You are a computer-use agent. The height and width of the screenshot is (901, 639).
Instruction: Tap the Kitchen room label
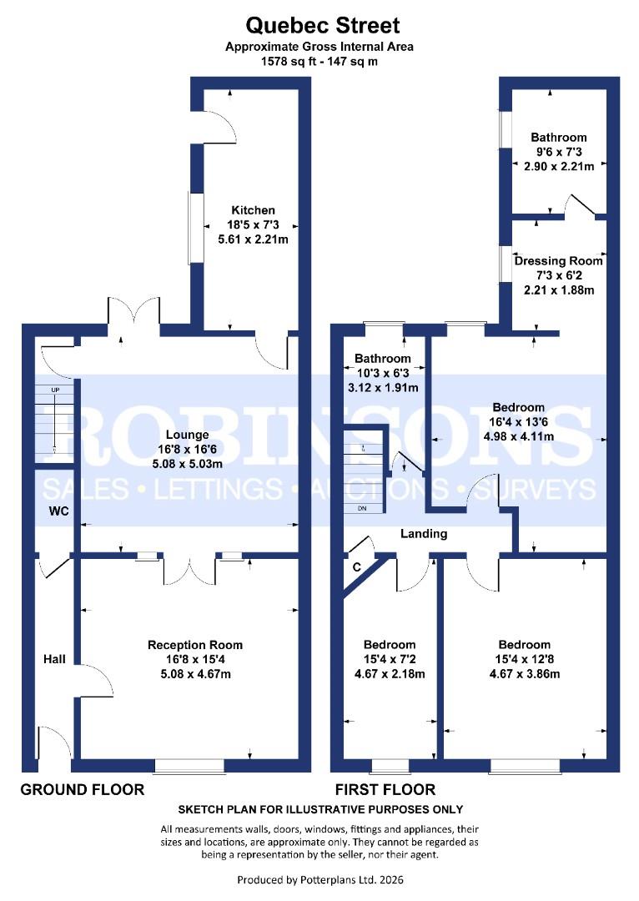point(254,210)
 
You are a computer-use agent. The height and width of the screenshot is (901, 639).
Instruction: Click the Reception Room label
point(195,644)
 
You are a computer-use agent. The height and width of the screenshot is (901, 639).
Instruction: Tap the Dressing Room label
point(558,260)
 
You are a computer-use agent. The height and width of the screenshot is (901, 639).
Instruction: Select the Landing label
point(424,533)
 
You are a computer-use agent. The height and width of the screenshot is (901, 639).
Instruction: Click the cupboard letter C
point(357,567)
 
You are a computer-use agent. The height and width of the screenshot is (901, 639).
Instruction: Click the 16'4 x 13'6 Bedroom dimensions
point(517,422)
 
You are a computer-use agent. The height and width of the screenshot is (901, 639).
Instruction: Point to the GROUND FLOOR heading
point(82,789)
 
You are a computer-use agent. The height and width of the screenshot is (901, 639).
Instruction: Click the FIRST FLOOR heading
point(385,789)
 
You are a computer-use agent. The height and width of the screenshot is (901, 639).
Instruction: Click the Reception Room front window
point(189,765)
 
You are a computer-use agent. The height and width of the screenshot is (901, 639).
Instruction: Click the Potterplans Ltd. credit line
point(320,879)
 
